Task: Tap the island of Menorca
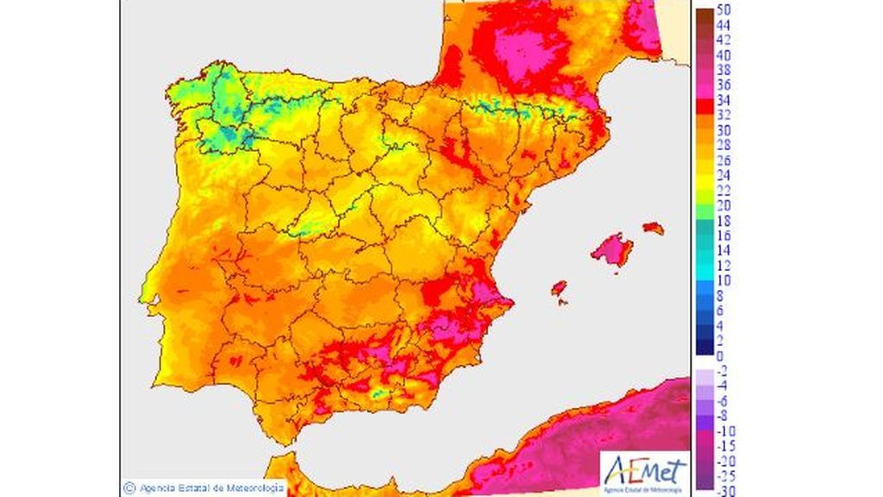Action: (x=654, y=229)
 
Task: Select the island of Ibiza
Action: (x=558, y=287)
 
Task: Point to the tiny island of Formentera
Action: (x=563, y=301)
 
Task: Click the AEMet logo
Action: (x=644, y=472)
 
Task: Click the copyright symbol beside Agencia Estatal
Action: (x=129, y=488)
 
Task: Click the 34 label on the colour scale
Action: (x=724, y=99)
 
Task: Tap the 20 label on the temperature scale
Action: (x=724, y=205)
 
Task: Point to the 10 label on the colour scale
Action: (x=724, y=280)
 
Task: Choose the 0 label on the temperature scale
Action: (x=720, y=355)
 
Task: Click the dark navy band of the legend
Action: (x=704, y=347)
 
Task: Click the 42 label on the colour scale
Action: (x=724, y=39)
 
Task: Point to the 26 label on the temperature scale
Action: (x=724, y=160)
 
